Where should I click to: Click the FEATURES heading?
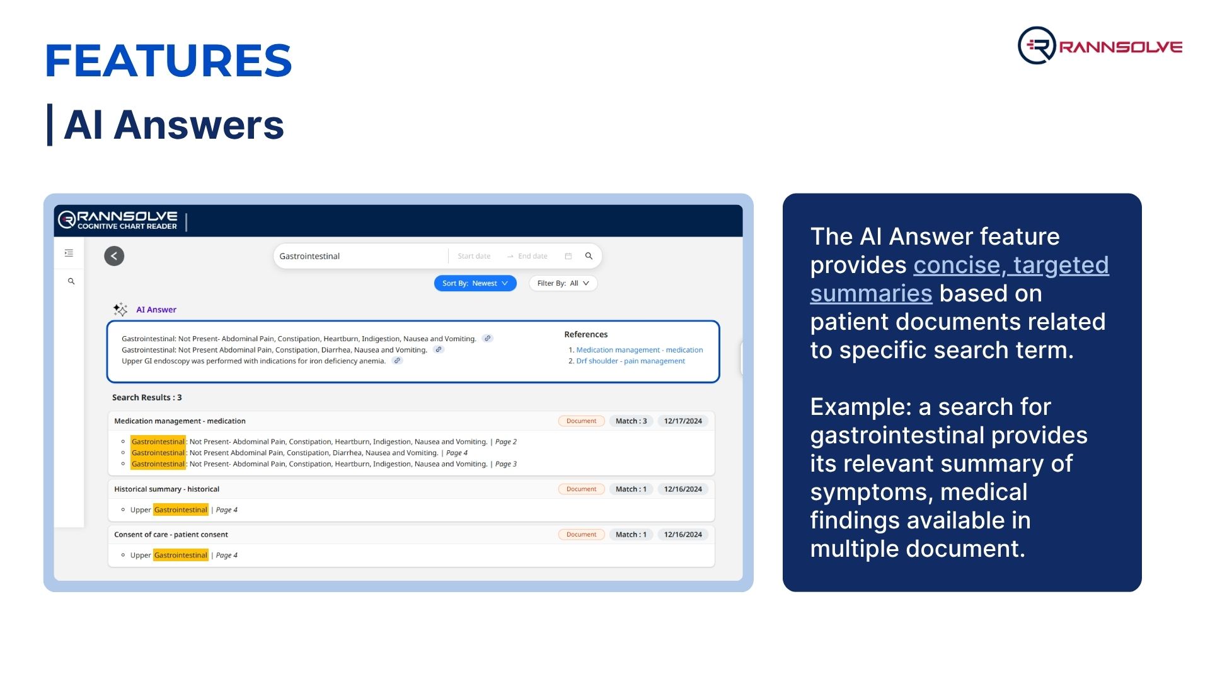[169, 61]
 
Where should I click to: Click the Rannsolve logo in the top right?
[1100, 45]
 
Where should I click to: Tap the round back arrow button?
[114, 256]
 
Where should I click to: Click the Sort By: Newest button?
[475, 284]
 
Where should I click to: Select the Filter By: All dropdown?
[563, 284]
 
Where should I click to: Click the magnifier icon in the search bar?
[589, 256]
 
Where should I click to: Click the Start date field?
[474, 256]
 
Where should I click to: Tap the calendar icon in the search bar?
[568, 256]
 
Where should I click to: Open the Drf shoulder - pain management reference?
[630, 361]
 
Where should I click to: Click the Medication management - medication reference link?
[640, 350]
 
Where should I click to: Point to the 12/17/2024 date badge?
[683, 421]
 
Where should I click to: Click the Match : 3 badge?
[631, 421]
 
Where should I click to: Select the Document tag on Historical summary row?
[581, 489]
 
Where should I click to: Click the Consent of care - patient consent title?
[171, 535]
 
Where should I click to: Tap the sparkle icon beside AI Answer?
[120, 309]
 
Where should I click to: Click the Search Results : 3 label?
[147, 398]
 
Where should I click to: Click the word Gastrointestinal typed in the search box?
[309, 257]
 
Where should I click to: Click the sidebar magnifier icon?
[71, 281]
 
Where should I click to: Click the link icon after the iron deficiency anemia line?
[397, 361]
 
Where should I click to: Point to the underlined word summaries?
[871, 294]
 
